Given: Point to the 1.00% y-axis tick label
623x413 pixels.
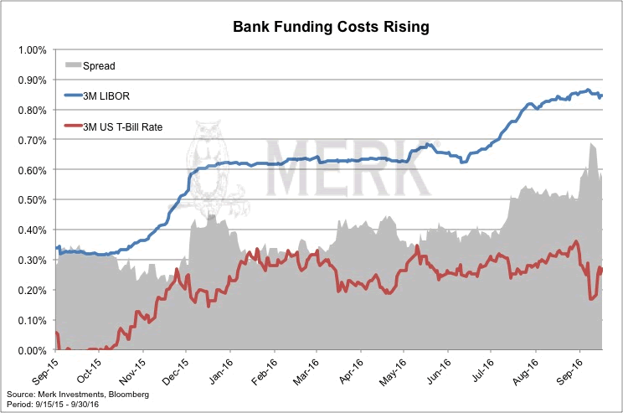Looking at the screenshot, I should (32, 49).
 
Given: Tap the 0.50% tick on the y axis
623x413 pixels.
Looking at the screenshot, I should (32, 199).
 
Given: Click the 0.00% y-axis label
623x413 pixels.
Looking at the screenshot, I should (32, 350).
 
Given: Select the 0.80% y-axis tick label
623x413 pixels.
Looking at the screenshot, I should (32, 110).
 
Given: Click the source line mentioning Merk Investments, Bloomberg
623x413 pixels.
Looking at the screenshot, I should (77, 394).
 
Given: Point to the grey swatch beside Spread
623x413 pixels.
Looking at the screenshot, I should (73, 65).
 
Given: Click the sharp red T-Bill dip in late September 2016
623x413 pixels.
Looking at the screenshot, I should (591, 297).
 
